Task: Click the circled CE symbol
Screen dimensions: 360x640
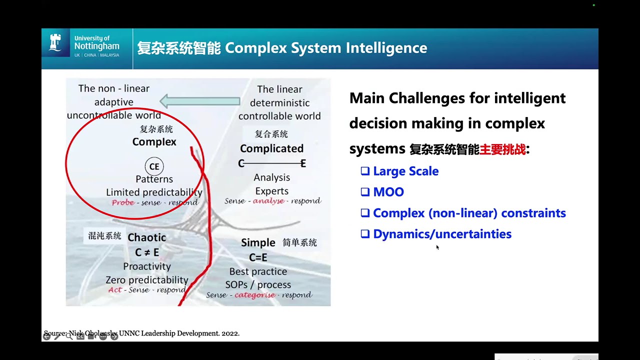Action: [x=154, y=166]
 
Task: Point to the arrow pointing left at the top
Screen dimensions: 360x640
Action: [x=199, y=101]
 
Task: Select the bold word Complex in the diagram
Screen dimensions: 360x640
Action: [x=154, y=142]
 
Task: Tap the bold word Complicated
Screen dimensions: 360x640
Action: [x=271, y=148]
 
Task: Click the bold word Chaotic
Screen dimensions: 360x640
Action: [x=146, y=237]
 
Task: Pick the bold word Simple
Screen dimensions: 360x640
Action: [x=258, y=243]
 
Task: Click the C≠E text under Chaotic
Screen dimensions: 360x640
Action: [x=146, y=252]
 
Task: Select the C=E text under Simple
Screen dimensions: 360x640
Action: [x=258, y=257]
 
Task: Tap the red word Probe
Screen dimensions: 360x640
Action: [x=123, y=202]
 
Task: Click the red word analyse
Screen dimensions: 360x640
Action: [x=268, y=201]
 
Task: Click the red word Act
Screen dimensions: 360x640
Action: [x=115, y=290]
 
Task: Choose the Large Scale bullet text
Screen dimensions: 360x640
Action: [x=405, y=171]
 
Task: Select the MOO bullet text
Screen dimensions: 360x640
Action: [x=388, y=192]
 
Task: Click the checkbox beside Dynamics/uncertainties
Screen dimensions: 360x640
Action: [x=365, y=233]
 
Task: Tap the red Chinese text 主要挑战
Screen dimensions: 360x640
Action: [x=502, y=149]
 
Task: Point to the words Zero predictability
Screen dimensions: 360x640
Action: [x=146, y=280]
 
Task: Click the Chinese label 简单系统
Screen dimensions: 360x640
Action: [x=299, y=242]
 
